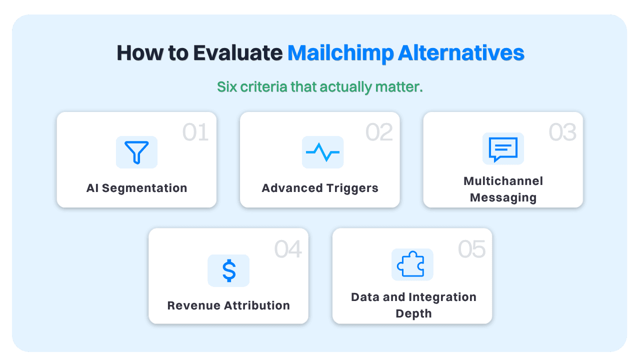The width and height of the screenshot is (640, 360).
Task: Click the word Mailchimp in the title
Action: tap(340, 53)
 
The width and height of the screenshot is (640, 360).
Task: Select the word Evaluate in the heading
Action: tap(238, 53)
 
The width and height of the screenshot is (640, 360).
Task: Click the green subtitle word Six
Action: tap(227, 87)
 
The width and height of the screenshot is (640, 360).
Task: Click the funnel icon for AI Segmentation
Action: tap(136, 152)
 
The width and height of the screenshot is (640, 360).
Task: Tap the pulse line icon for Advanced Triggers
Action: tap(322, 152)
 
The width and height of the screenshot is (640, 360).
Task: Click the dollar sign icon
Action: tap(228, 270)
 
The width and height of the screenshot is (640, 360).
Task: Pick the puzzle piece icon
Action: tap(412, 264)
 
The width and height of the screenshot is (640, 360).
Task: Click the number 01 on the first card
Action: tap(195, 132)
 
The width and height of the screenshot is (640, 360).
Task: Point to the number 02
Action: tap(379, 132)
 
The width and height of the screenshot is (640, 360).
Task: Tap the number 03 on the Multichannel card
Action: tap(562, 132)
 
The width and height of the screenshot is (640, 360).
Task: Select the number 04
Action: tap(288, 249)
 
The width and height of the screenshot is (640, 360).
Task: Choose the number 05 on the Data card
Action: tap(471, 249)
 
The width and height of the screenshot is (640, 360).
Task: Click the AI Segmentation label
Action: tap(136, 188)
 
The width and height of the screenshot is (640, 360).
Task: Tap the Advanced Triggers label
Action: tap(320, 188)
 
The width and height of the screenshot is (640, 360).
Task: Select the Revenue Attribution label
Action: tap(228, 305)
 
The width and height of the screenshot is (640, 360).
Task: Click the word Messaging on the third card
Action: tap(503, 197)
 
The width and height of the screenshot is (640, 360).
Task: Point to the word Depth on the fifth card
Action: tap(413, 314)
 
